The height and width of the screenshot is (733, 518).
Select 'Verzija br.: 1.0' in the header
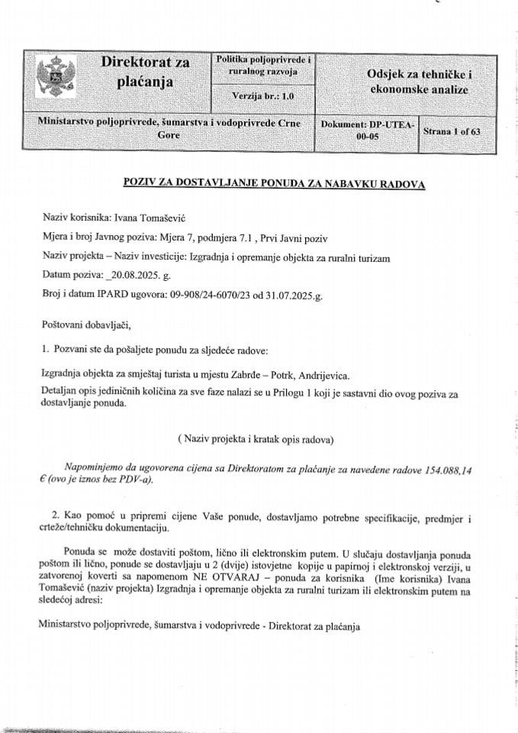262,97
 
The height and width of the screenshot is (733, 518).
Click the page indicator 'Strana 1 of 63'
452,131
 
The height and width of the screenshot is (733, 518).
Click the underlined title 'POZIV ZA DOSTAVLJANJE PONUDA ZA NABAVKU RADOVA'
273,184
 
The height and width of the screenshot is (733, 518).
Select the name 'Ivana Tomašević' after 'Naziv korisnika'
143,217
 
